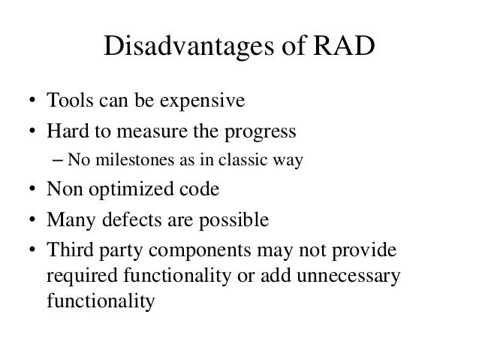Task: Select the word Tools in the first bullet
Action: point(66,101)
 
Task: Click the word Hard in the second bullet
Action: point(65,132)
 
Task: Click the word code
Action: point(201,189)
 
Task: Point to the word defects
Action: point(131,220)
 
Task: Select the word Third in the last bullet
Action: point(65,250)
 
